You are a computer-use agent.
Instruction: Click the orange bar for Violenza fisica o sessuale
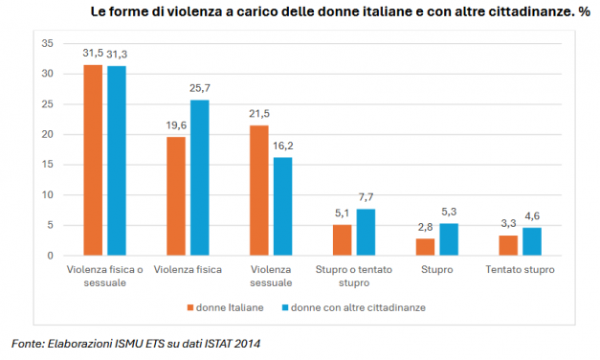[x=93, y=160]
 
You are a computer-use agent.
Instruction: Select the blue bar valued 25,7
[x=199, y=177]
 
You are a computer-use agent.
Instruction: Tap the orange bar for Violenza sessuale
[x=258, y=191]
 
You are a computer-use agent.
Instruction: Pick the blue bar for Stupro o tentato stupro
[x=366, y=232]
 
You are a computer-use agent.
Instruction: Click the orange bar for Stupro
[x=425, y=247]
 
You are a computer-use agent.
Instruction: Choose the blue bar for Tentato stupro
[x=532, y=241]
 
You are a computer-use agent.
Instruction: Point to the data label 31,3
[x=117, y=55]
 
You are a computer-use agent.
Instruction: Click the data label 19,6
[x=175, y=125]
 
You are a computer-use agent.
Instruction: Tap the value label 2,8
[x=425, y=228]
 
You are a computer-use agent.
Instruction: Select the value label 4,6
[x=532, y=216]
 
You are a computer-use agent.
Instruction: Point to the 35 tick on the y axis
[x=46, y=44]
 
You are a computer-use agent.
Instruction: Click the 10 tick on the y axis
[x=46, y=195]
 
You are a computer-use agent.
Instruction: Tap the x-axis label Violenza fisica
[x=188, y=270]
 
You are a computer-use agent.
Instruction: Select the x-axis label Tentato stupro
[x=520, y=270]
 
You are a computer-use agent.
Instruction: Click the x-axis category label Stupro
[x=436, y=270]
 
